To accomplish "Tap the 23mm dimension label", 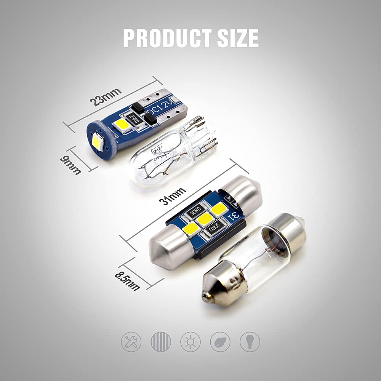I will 105,97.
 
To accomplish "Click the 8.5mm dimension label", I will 127,280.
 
